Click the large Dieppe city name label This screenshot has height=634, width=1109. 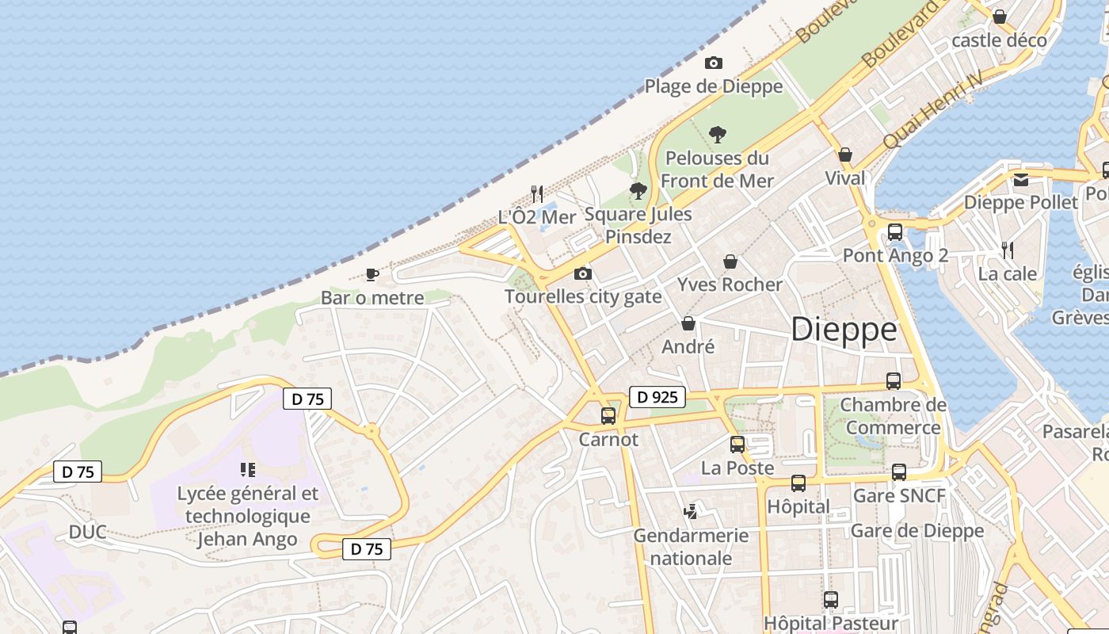pos(844,329)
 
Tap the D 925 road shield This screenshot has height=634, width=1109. pos(657,396)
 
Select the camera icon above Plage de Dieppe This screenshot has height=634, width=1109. pos(713,63)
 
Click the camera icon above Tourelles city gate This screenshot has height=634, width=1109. pos(582,273)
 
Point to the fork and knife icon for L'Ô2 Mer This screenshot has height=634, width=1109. pos(537,193)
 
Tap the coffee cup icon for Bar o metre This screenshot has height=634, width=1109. pos(372,274)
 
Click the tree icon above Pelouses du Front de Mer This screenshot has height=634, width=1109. pos(718,134)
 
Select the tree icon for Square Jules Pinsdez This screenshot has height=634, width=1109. pos(638,190)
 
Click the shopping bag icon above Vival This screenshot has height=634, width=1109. pos(845,155)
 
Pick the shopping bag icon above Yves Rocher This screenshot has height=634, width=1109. pos(730,261)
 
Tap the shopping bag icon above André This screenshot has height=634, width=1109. pos(688,323)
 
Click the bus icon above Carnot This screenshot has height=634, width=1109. pos(608,415)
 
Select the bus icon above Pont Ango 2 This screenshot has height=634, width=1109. pos(895,232)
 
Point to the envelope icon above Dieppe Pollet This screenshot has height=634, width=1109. pos(1020,179)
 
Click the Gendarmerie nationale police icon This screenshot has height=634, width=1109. pos(691,512)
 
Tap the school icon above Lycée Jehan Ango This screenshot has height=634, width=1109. pos(247,470)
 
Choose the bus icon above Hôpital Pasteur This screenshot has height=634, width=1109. pos(830,599)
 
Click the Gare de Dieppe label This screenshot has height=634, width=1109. pos(917,530)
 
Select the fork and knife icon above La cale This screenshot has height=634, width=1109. pos(1008,250)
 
